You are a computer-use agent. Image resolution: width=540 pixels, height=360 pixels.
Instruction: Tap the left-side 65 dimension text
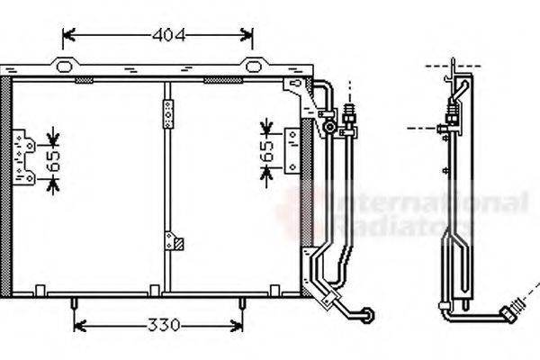pyautogui.click(x=51, y=161)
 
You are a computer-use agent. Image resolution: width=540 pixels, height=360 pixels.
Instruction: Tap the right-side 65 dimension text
pyautogui.click(x=266, y=149)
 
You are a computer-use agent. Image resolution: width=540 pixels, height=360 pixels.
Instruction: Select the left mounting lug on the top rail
pyautogui.click(x=64, y=64)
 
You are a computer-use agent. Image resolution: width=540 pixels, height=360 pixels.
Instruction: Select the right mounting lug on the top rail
pyautogui.click(x=254, y=64)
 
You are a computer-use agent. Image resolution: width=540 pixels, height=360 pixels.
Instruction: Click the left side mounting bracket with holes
pyautogui.click(x=23, y=157)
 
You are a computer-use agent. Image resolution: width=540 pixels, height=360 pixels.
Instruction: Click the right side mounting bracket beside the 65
pyautogui.click(x=292, y=150)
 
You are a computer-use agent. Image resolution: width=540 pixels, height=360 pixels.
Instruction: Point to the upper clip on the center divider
pyautogui.click(x=167, y=115)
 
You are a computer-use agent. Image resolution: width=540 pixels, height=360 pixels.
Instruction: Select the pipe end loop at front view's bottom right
pyautogui.click(x=367, y=313)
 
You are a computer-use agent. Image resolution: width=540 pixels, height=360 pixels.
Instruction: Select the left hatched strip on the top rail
pyautogui.click(x=84, y=81)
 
